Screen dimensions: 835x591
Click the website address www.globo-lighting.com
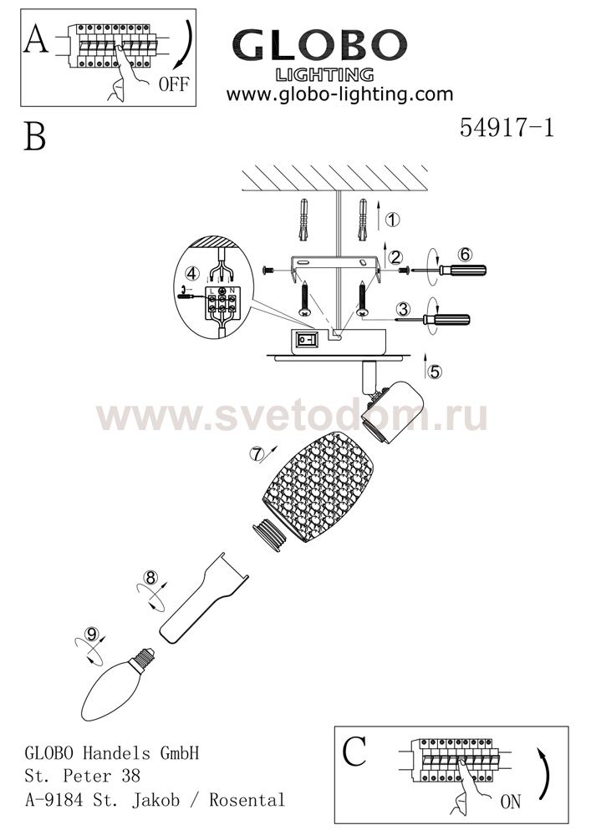(x=340, y=95)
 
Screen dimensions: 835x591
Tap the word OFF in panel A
(x=173, y=83)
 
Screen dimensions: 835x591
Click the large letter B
(x=34, y=136)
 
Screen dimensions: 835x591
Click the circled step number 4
(x=191, y=273)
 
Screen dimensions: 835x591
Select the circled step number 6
(x=466, y=255)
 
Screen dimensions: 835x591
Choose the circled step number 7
(x=259, y=454)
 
